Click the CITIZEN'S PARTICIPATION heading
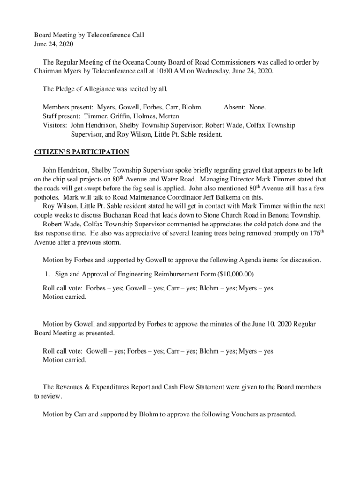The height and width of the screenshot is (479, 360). click(81, 152)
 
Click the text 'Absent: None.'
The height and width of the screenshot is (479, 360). click(245, 107)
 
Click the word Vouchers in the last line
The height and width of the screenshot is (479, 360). click(245, 414)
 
